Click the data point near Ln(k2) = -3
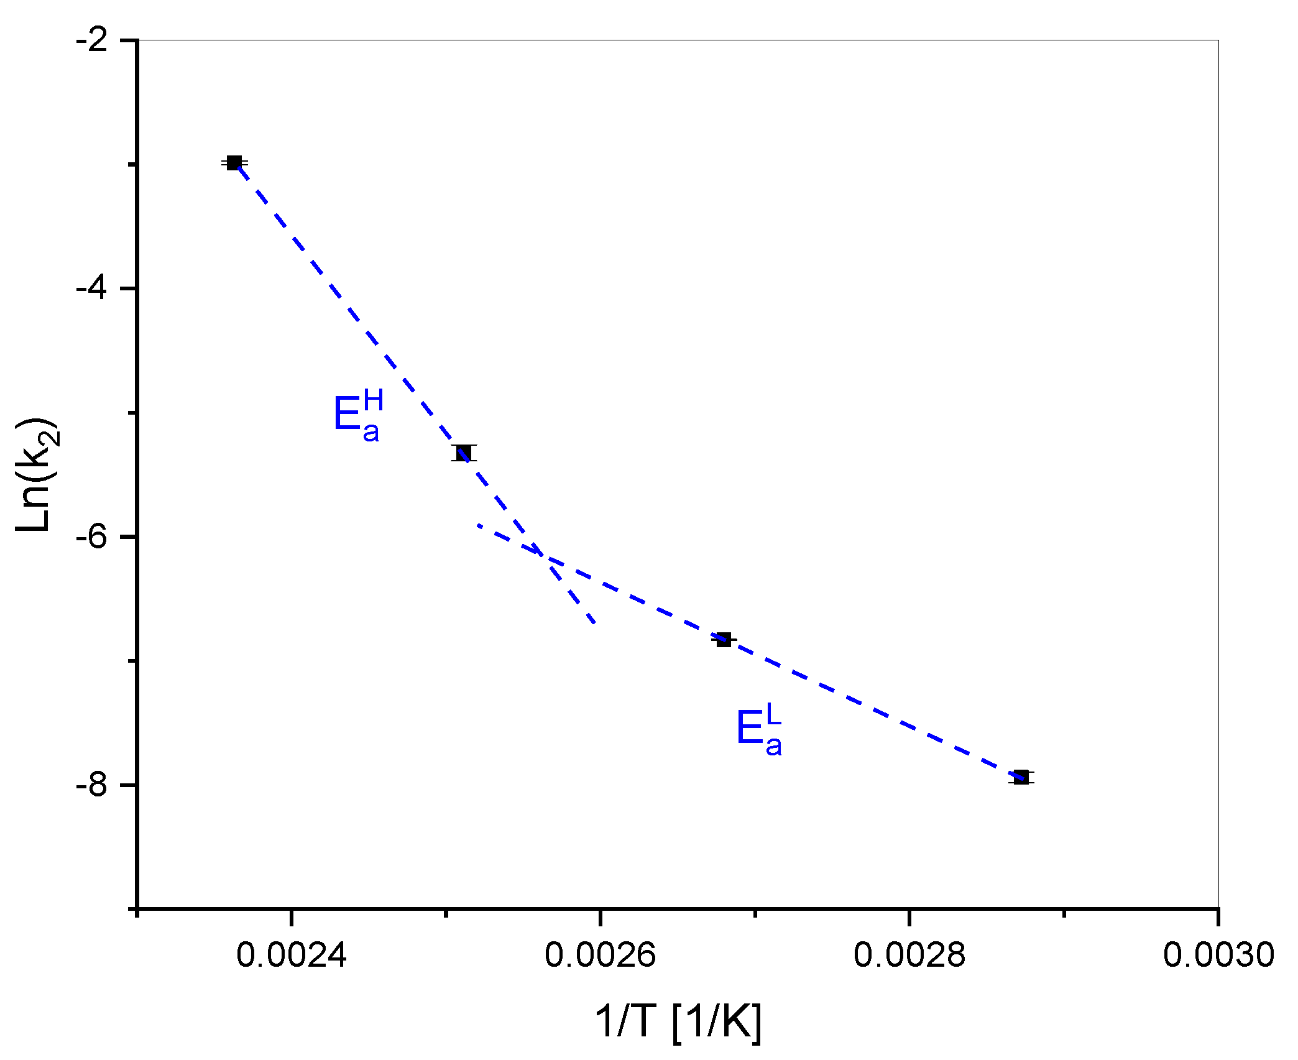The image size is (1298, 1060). point(234,163)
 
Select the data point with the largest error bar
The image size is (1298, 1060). point(464,453)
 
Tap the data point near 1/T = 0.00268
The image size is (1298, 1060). point(723,639)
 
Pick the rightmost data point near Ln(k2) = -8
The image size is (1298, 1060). point(1021,777)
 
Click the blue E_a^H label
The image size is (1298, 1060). point(357,415)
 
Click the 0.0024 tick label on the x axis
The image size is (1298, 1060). point(291,954)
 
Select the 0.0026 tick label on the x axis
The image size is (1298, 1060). point(600,954)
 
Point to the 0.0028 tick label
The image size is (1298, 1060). point(909,954)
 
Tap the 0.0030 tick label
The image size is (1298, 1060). point(1218,954)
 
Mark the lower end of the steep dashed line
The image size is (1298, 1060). point(595,622)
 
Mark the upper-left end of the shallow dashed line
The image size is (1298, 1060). point(479,525)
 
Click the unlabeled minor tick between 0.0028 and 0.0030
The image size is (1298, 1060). point(1064,912)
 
